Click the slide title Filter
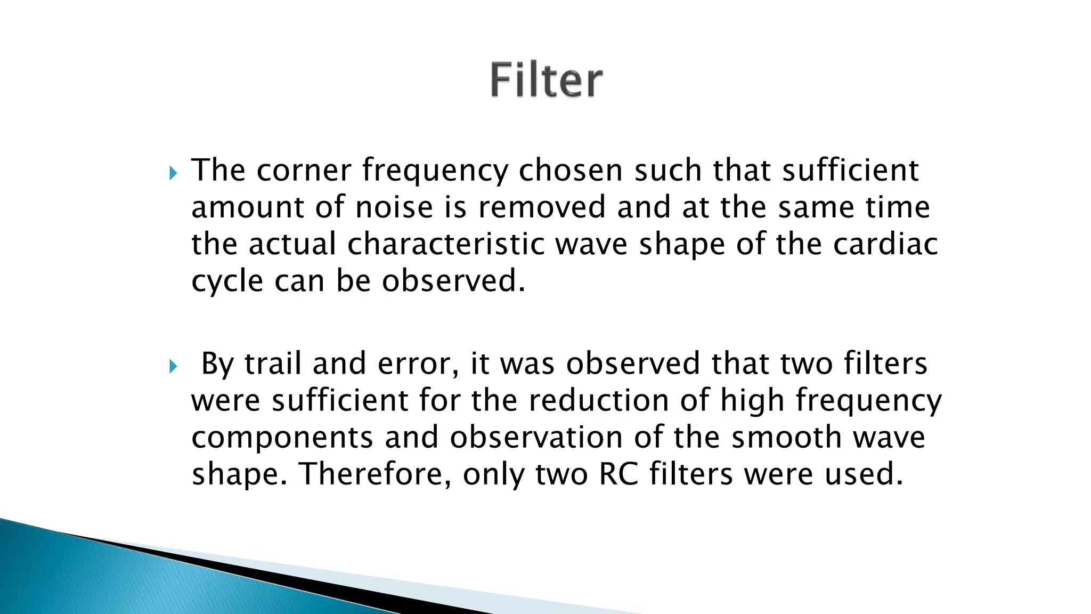click(x=546, y=80)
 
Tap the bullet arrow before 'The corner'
click(x=172, y=173)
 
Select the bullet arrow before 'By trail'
click(x=172, y=367)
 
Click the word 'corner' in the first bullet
click(x=304, y=171)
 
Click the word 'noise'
click(x=394, y=207)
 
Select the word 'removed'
click(x=542, y=207)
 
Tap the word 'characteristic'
click(x=446, y=244)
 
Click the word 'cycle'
click(x=227, y=281)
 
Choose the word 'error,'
click(x=418, y=365)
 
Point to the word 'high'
click(x=752, y=401)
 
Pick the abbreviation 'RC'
click(x=618, y=474)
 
